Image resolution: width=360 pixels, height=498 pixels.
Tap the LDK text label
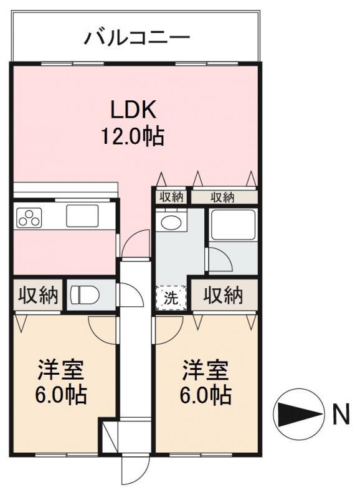click(133, 110)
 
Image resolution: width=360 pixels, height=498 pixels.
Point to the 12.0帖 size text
click(133, 136)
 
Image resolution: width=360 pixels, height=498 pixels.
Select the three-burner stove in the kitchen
click(29, 217)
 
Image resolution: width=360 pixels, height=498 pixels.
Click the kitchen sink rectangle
click(82, 215)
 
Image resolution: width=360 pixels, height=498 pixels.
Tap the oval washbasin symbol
click(171, 222)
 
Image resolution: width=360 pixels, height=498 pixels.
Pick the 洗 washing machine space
click(171, 298)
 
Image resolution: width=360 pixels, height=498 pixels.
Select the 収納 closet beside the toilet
click(38, 295)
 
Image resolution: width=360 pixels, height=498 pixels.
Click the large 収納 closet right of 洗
click(224, 295)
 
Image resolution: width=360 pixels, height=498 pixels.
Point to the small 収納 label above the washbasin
click(171, 197)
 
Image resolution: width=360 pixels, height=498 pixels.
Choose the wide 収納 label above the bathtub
click(223, 197)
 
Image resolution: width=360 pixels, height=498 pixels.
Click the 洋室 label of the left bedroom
click(60, 370)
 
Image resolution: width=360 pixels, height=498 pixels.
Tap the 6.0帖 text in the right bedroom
click(206, 395)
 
